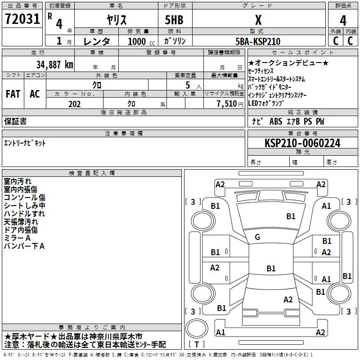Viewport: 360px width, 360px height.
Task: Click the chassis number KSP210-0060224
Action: click(x=302, y=144)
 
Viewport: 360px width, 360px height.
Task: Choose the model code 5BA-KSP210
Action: click(x=258, y=41)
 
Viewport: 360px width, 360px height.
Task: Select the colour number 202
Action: click(x=74, y=104)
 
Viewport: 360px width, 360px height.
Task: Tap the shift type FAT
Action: click(x=13, y=94)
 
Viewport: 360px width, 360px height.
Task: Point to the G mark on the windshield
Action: click(x=257, y=237)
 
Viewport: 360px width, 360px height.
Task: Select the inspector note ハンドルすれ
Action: click(x=24, y=214)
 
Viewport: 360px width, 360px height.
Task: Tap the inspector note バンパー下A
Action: click(x=24, y=246)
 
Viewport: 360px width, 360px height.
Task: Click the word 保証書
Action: click(x=15, y=121)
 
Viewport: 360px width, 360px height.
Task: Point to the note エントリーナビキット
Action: click(x=25, y=143)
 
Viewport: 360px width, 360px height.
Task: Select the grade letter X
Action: click(x=258, y=20)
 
